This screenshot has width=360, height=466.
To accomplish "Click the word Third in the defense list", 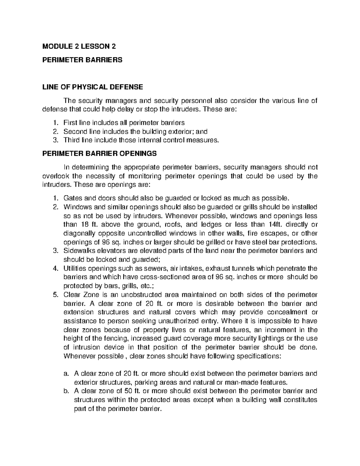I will (x=70, y=140).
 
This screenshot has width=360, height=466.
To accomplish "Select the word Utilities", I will (x=74, y=268).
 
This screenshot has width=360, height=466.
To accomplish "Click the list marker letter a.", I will (x=65, y=374).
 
